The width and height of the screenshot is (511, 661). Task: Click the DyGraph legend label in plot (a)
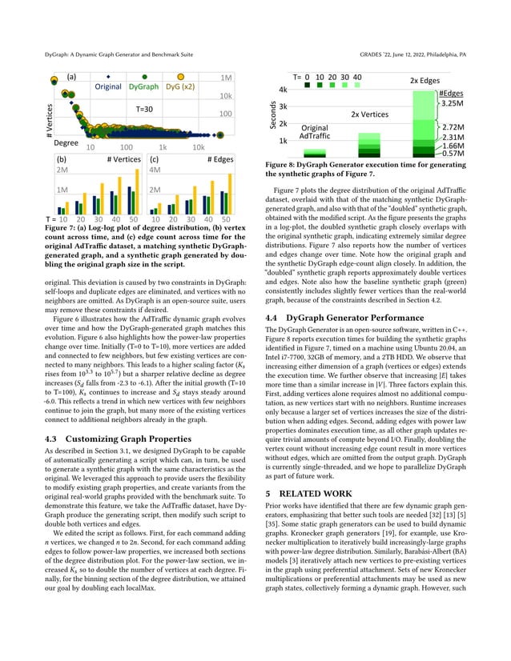coord(143,86)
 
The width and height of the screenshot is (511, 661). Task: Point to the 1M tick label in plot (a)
coord(226,78)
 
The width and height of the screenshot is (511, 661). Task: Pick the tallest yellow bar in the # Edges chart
coord(227,178)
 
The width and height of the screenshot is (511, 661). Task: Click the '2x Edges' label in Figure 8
coord(425,81)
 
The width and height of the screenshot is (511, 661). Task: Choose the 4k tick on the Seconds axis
coord(283,90)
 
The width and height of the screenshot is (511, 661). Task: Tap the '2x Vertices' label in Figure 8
coord(369,114)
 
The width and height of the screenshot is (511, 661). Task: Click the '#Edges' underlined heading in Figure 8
coord(452,93)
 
